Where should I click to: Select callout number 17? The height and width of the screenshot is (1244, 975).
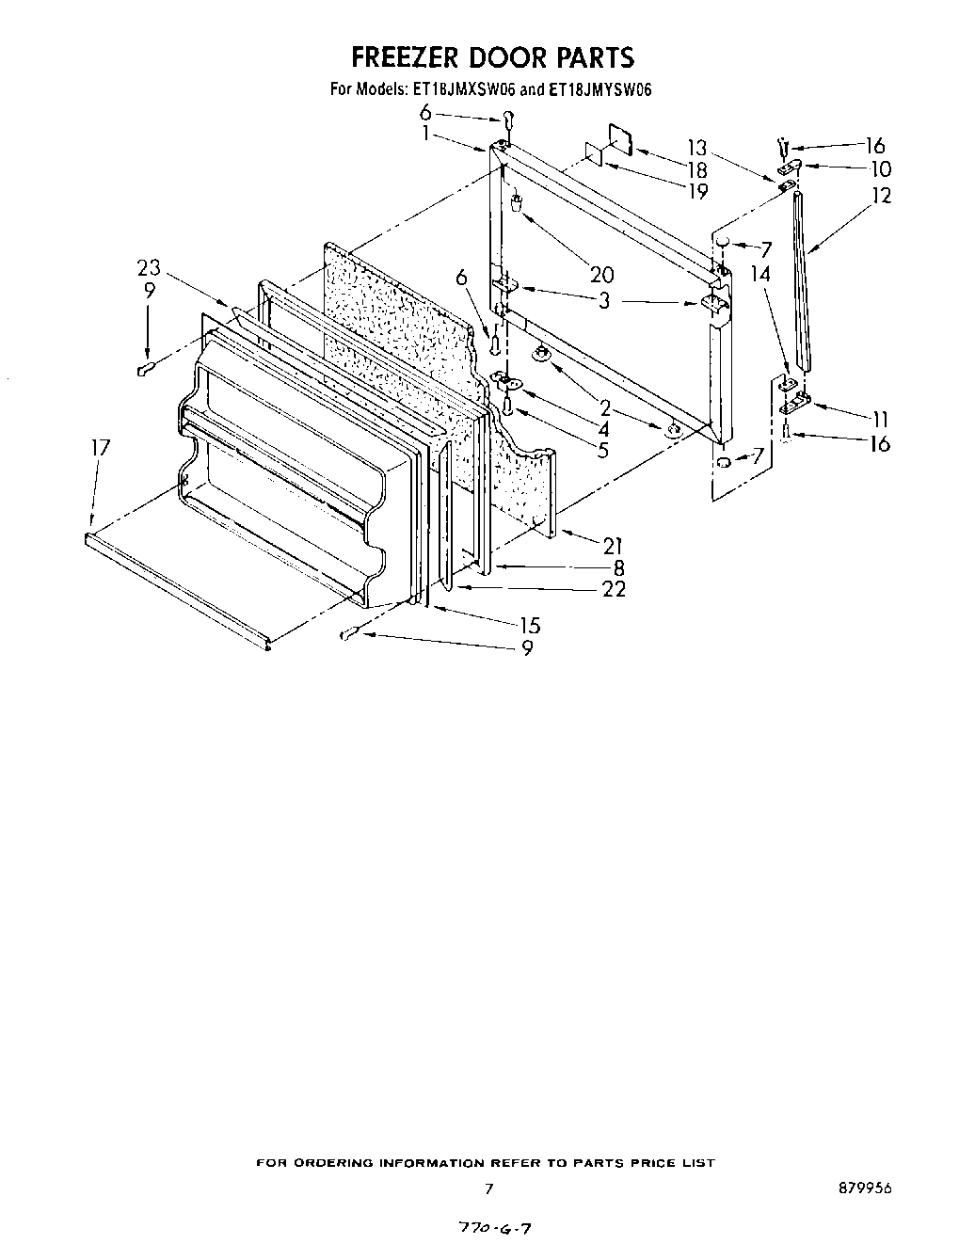(x=100, y=449)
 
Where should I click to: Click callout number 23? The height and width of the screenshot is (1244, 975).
(x=149, y=269)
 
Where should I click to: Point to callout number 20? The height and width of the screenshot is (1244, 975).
(x=601, y=275)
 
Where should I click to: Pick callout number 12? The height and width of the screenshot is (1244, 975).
(x=881, y=196)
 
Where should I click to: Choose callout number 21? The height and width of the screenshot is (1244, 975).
(x=614, y=545)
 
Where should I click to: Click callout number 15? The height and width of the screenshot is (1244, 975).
(x=530, y=625)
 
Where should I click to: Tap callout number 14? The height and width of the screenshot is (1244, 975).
(x=760, y=275)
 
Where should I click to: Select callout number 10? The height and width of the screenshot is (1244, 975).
(x=881, y=169)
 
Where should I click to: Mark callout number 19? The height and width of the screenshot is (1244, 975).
(x=697, y=191)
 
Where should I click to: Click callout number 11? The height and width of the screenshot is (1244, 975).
(x=879, y=420)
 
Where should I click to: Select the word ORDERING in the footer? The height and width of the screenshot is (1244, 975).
(x=336, y=1163)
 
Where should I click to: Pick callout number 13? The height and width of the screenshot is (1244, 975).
(x=696, y=148)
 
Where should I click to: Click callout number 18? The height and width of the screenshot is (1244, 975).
(x=697, y=169)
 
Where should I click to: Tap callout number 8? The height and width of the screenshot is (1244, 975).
(x=618, y=567)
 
